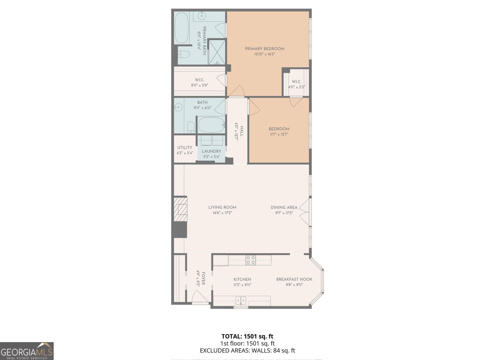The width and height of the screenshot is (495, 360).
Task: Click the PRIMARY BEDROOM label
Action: (265, 49)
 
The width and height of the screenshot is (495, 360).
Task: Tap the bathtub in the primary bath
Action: (182, 28)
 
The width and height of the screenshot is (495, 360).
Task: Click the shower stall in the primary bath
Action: (217, 52)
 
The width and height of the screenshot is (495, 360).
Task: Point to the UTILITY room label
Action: (185, 148)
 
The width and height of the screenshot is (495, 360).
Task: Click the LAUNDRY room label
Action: (211, 151)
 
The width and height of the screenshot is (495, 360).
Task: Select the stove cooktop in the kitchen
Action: (251, 260)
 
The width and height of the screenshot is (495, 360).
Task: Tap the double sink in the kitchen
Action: (241, 300)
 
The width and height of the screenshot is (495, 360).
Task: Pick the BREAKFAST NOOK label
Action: (294, 279)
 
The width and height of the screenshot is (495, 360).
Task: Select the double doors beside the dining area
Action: (305, 212)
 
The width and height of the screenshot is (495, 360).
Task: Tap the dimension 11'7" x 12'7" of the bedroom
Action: (279, 135)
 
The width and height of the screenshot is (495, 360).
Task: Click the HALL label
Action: (242, 131)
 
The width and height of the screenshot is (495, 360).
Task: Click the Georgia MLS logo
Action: (27, 351)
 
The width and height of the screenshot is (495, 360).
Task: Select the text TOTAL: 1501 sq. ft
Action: (247, 336)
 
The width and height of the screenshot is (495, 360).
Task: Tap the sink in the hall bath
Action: (178, 108)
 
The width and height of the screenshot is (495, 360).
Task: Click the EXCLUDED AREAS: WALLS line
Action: (247, 350)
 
